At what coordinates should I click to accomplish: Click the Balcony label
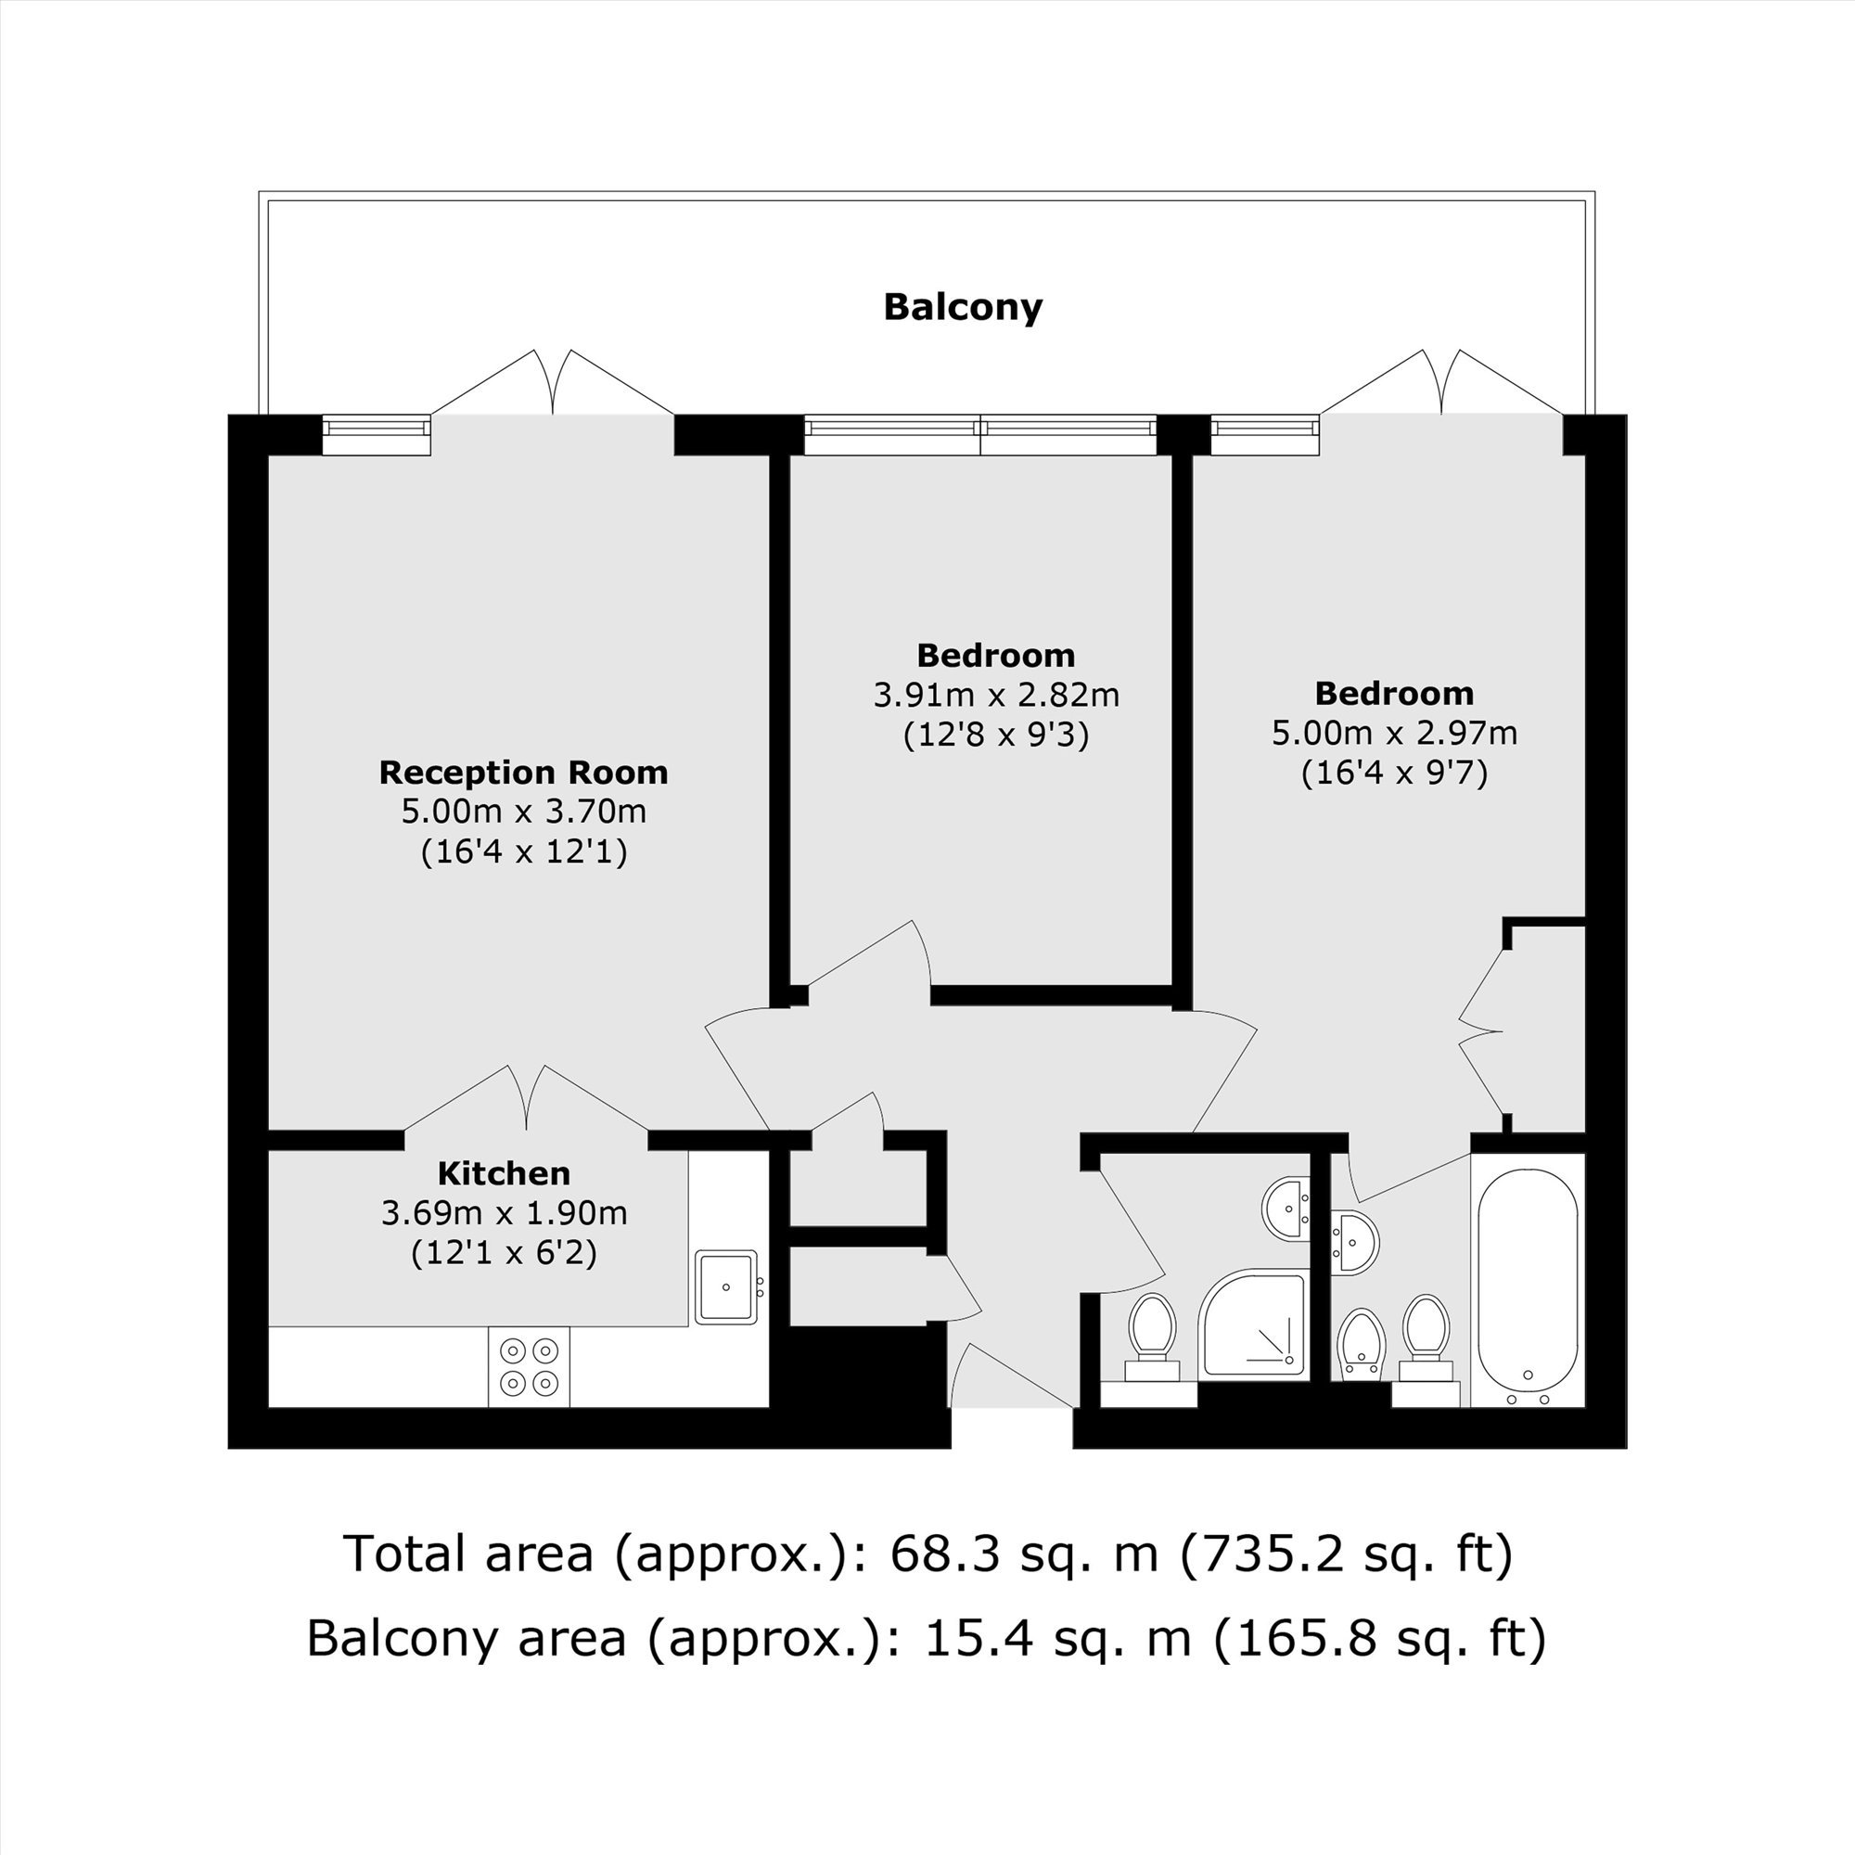tap(962, 307)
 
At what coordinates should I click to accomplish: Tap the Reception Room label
tap(523, 772)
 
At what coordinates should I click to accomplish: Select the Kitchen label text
tap(504, 1173)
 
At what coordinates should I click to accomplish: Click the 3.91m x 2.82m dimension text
tap(995, 695)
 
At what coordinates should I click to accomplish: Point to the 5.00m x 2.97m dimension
tap(1394, 734)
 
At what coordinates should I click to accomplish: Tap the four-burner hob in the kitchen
tap(529, 1366)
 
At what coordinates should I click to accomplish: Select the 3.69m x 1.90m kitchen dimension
tap(504, 1213)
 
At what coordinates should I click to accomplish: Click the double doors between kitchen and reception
tap(526, 1099)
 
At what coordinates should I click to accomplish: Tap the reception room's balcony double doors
tap(552, 384)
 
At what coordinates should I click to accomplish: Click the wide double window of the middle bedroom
tap(980, 435)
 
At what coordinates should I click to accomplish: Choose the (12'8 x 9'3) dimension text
tap(995, 736)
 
